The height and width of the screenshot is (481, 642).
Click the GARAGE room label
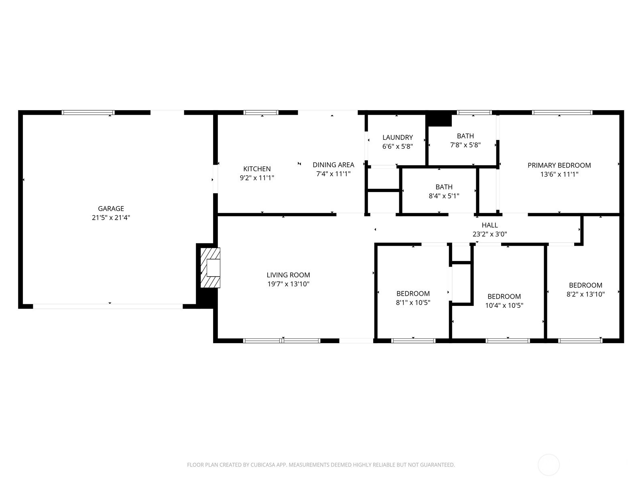(x=111, y=208)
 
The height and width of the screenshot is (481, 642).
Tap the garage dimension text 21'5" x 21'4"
(x=111, y=218)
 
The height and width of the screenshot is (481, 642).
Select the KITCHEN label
(x=257, y=169)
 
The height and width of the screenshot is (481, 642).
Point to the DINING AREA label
(x=333, y=165)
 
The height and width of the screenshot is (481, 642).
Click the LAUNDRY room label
(x=398, y=137)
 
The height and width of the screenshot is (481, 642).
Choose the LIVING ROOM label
(x=288, y=275)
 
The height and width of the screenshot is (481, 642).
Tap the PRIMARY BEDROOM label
(x=559, y=165)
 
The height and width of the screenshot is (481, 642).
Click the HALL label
(x=490, y=225)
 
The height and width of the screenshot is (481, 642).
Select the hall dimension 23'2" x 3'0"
(x=490, y=234)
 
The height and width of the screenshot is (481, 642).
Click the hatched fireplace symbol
(x=210, y=268)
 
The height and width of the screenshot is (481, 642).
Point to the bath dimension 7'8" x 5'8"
(x=465, y=145)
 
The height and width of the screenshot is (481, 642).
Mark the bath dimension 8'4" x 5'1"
(x=444, y=196)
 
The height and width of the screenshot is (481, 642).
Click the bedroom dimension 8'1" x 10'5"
(x=413, y=303)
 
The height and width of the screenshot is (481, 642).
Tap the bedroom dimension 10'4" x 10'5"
(x=504, y=305)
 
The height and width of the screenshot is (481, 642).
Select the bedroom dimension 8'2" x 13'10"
(x=585, y=294)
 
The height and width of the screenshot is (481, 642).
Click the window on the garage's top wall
(x=88, y=113)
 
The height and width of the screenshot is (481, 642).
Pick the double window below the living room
(x=282, y=341)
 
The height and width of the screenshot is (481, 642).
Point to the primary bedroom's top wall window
(x=562, y=113)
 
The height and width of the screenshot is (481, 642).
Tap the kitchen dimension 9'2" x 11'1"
(x=257, y=178)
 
